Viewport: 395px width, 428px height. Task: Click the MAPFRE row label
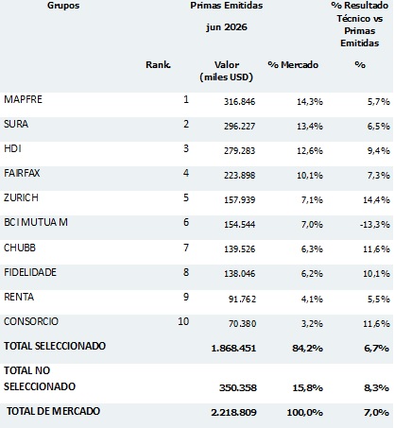[23, 99]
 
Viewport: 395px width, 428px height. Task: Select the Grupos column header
[63, 6]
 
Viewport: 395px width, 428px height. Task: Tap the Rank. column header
[158, 64]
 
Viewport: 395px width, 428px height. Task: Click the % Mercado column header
[293, 64]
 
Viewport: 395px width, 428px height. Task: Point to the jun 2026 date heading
[227, 27]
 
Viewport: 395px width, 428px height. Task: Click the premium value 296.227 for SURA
[239, 126]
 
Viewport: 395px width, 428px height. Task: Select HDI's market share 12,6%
[310, 150]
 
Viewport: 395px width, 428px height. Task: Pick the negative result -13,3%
[375, 224]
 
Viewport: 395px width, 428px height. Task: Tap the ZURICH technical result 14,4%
[376, 199]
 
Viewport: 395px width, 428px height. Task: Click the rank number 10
[183, 321]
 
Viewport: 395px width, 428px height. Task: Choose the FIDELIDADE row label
[30, 272]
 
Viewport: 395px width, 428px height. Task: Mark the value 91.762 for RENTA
[242, 299]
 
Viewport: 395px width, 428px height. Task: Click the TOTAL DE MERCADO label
[53, 411]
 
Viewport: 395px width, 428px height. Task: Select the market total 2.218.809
[233, 412]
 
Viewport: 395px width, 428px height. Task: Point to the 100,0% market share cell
[304, 412]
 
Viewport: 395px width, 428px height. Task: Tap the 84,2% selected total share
[307, 348]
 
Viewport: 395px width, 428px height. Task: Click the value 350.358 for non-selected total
[238, 387]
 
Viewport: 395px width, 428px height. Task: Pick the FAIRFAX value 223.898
[239, 175]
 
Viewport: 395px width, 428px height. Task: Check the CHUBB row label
[20, 248]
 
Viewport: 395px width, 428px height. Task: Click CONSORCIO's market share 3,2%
[312, 323]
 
